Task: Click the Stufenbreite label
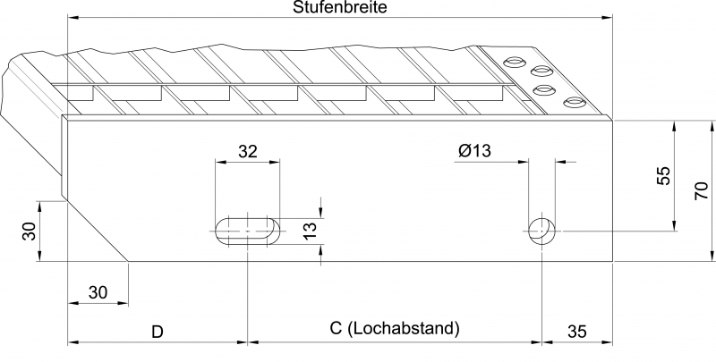(x=340, y=7)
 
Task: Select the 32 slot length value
(x=248, y=151)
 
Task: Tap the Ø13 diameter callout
(x=474, y=150)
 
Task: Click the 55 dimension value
(x=664, y=175)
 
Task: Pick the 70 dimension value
(x=702, y=190)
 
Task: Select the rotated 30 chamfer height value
(x=30, y=232)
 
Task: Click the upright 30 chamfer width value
(x=98, y=292)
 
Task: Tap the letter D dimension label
(x=158, y=332)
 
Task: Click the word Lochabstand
(x=404, y=328)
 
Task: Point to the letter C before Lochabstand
(x=336, y=328)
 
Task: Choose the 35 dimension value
(x=576, y=332)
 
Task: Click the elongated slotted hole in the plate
(x=248, y=232)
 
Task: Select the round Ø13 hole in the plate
(x=542, y=231)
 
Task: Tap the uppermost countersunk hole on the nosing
(x=514, y=61)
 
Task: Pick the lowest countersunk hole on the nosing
(x=575, y=103)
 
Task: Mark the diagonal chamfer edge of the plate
(x=95, y=231)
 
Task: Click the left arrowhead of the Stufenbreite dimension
(x=73, y=18)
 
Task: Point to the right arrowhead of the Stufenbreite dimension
(x=607, y=18)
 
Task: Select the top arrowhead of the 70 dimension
(x=712, y=126)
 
